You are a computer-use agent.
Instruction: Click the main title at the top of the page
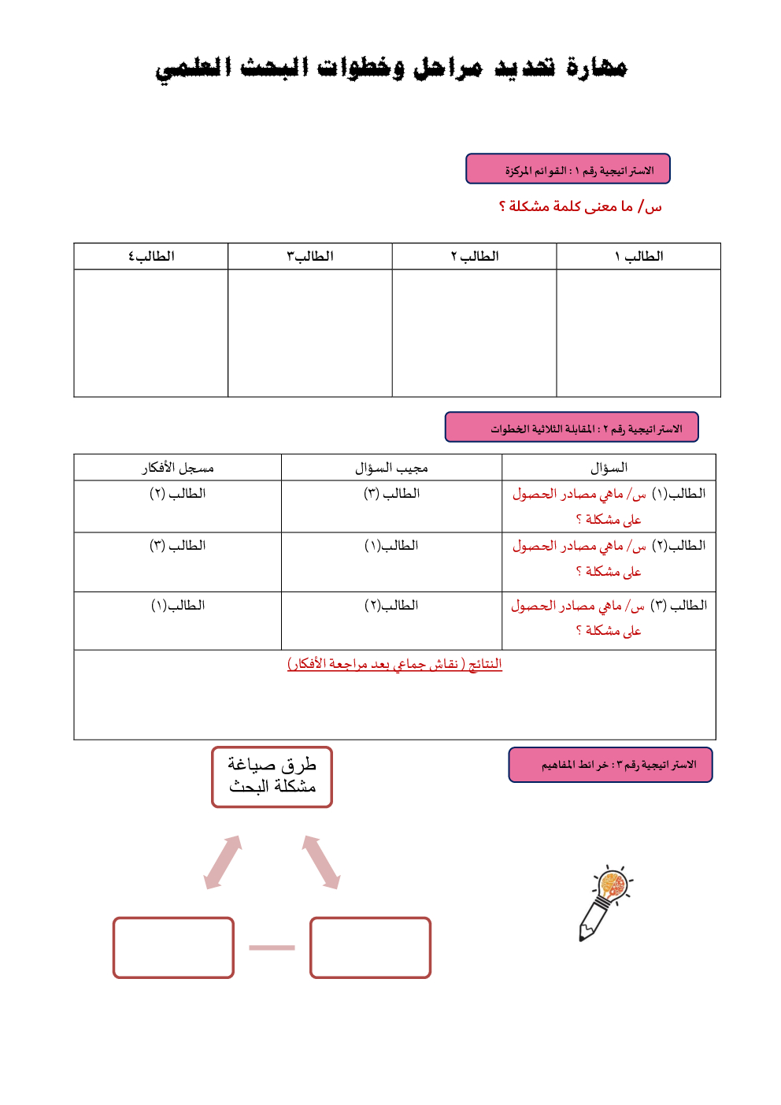(390, 68)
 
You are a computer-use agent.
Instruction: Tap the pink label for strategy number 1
(568, 169)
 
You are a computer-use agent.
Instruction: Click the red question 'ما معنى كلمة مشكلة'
(580, 206)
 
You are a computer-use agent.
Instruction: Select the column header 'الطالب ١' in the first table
(638, 257)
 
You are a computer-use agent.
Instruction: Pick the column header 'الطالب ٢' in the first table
(474, 257)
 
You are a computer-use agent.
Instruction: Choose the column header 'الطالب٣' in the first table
(309, 257)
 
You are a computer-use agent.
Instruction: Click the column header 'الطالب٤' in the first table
(151, 257)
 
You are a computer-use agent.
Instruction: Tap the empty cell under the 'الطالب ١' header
(638, 333)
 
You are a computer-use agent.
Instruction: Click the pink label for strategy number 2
(572, 428)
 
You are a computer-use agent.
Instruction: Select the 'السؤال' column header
(609, 468)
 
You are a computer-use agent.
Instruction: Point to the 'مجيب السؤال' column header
(391, 468)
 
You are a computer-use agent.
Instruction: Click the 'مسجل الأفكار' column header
(178, 468)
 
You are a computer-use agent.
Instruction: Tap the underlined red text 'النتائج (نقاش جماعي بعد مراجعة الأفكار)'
(394, 664)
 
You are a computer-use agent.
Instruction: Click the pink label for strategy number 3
(610, 765)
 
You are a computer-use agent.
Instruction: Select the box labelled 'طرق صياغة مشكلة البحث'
(272, 777)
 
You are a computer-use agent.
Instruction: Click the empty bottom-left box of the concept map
(173, 947)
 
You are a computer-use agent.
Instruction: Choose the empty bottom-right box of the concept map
(370, 947)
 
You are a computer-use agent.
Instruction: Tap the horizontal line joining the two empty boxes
(272, 947)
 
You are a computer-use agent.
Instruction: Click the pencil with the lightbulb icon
(604, 903)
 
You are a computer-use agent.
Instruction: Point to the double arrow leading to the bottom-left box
(223, 862)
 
